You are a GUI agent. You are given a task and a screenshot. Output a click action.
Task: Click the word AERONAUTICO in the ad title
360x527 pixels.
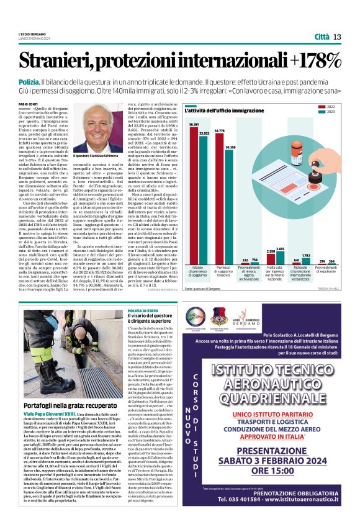[x=267, y=381]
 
